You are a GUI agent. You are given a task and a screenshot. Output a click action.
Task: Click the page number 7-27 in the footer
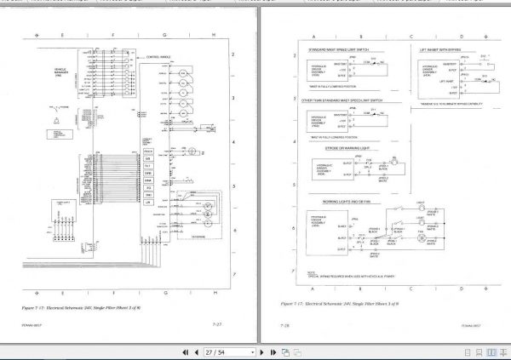(217, 324)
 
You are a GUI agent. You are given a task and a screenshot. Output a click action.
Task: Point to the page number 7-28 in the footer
(285, 324)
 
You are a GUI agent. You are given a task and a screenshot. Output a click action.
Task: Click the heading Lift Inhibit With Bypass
(439, 50)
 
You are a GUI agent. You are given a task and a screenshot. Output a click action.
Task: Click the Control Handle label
(158, 57)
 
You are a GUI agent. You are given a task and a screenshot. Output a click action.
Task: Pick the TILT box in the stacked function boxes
(147, 166)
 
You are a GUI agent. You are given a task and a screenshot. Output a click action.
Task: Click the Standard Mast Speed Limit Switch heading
(338, 50)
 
